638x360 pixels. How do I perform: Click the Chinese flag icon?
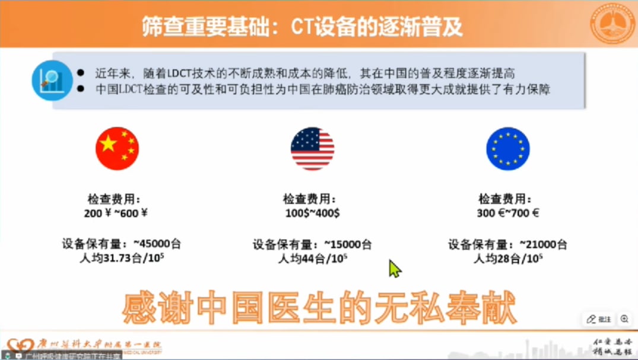coord(117,148)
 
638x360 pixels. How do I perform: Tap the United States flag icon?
coord(312,148)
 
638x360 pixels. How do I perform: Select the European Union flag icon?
coord(507,148)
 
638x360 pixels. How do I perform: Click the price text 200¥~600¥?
coord(116,213)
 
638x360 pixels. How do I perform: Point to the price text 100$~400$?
coord(312,213)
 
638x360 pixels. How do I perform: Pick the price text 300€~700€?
coord(507,213)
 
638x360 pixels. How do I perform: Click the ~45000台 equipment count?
coord(157,244)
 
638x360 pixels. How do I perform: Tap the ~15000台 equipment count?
coord(348,244)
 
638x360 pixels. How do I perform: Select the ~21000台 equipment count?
coord(543,244)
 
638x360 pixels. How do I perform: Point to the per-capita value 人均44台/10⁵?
coord(312,259)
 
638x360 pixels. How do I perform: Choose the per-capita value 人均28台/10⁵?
coord(507,259)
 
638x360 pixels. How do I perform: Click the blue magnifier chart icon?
coord(52,80)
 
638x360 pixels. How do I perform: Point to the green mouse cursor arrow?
coord(395,268)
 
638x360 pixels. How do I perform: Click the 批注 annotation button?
coord(599,319)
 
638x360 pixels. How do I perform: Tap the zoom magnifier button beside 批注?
coord(624,319)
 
